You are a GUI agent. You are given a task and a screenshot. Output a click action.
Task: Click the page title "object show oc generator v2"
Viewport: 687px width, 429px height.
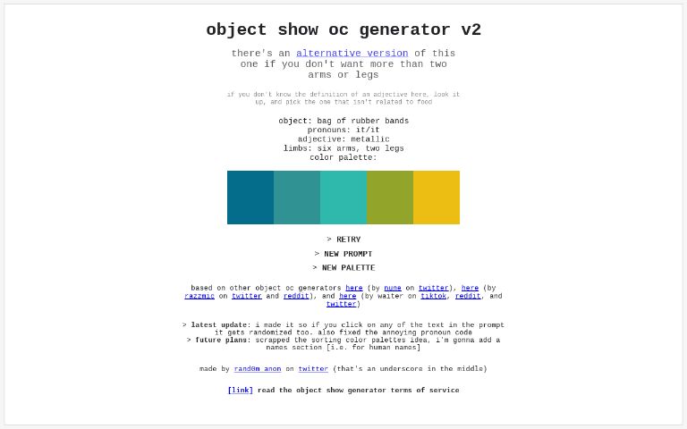coord(343,29)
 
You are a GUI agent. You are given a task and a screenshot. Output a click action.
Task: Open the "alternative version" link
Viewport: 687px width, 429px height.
coord(352,54)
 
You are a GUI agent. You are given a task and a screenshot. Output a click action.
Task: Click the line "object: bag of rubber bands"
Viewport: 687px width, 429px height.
coord(343,121)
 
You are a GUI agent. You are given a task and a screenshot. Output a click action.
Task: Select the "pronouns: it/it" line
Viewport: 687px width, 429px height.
coord(343,130)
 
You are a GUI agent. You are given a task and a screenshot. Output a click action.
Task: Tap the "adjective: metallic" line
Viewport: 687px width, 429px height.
coord(343,139)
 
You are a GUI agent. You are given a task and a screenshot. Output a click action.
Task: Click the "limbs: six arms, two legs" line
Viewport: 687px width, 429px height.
coord(343,148)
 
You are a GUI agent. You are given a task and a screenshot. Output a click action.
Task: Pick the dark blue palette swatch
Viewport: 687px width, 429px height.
coord(250,198)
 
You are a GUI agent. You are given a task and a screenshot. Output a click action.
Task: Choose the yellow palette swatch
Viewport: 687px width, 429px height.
coord(437,198)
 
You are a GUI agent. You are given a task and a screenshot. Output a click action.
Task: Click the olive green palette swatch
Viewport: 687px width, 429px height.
coord(390,198)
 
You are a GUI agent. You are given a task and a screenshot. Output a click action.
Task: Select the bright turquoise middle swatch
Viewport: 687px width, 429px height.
coord(343,198)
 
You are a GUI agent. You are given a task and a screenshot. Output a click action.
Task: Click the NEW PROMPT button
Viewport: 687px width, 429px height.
coord(343,254)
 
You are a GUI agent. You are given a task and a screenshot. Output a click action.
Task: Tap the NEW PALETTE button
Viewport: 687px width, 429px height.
coord(343,268)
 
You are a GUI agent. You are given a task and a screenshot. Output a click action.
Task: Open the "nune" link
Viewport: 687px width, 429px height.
coord(393,288)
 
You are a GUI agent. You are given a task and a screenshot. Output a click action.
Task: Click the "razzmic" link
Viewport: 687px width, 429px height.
coord(199,296)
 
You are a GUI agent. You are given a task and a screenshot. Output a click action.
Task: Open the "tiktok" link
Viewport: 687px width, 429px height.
coord(434,296)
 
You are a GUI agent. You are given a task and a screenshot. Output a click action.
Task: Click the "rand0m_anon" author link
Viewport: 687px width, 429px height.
coord(258,368)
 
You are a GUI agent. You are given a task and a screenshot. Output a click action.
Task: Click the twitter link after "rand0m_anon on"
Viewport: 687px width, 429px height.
coord(313,368)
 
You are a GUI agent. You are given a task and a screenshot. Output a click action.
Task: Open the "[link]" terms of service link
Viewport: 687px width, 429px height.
coord(240,390)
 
